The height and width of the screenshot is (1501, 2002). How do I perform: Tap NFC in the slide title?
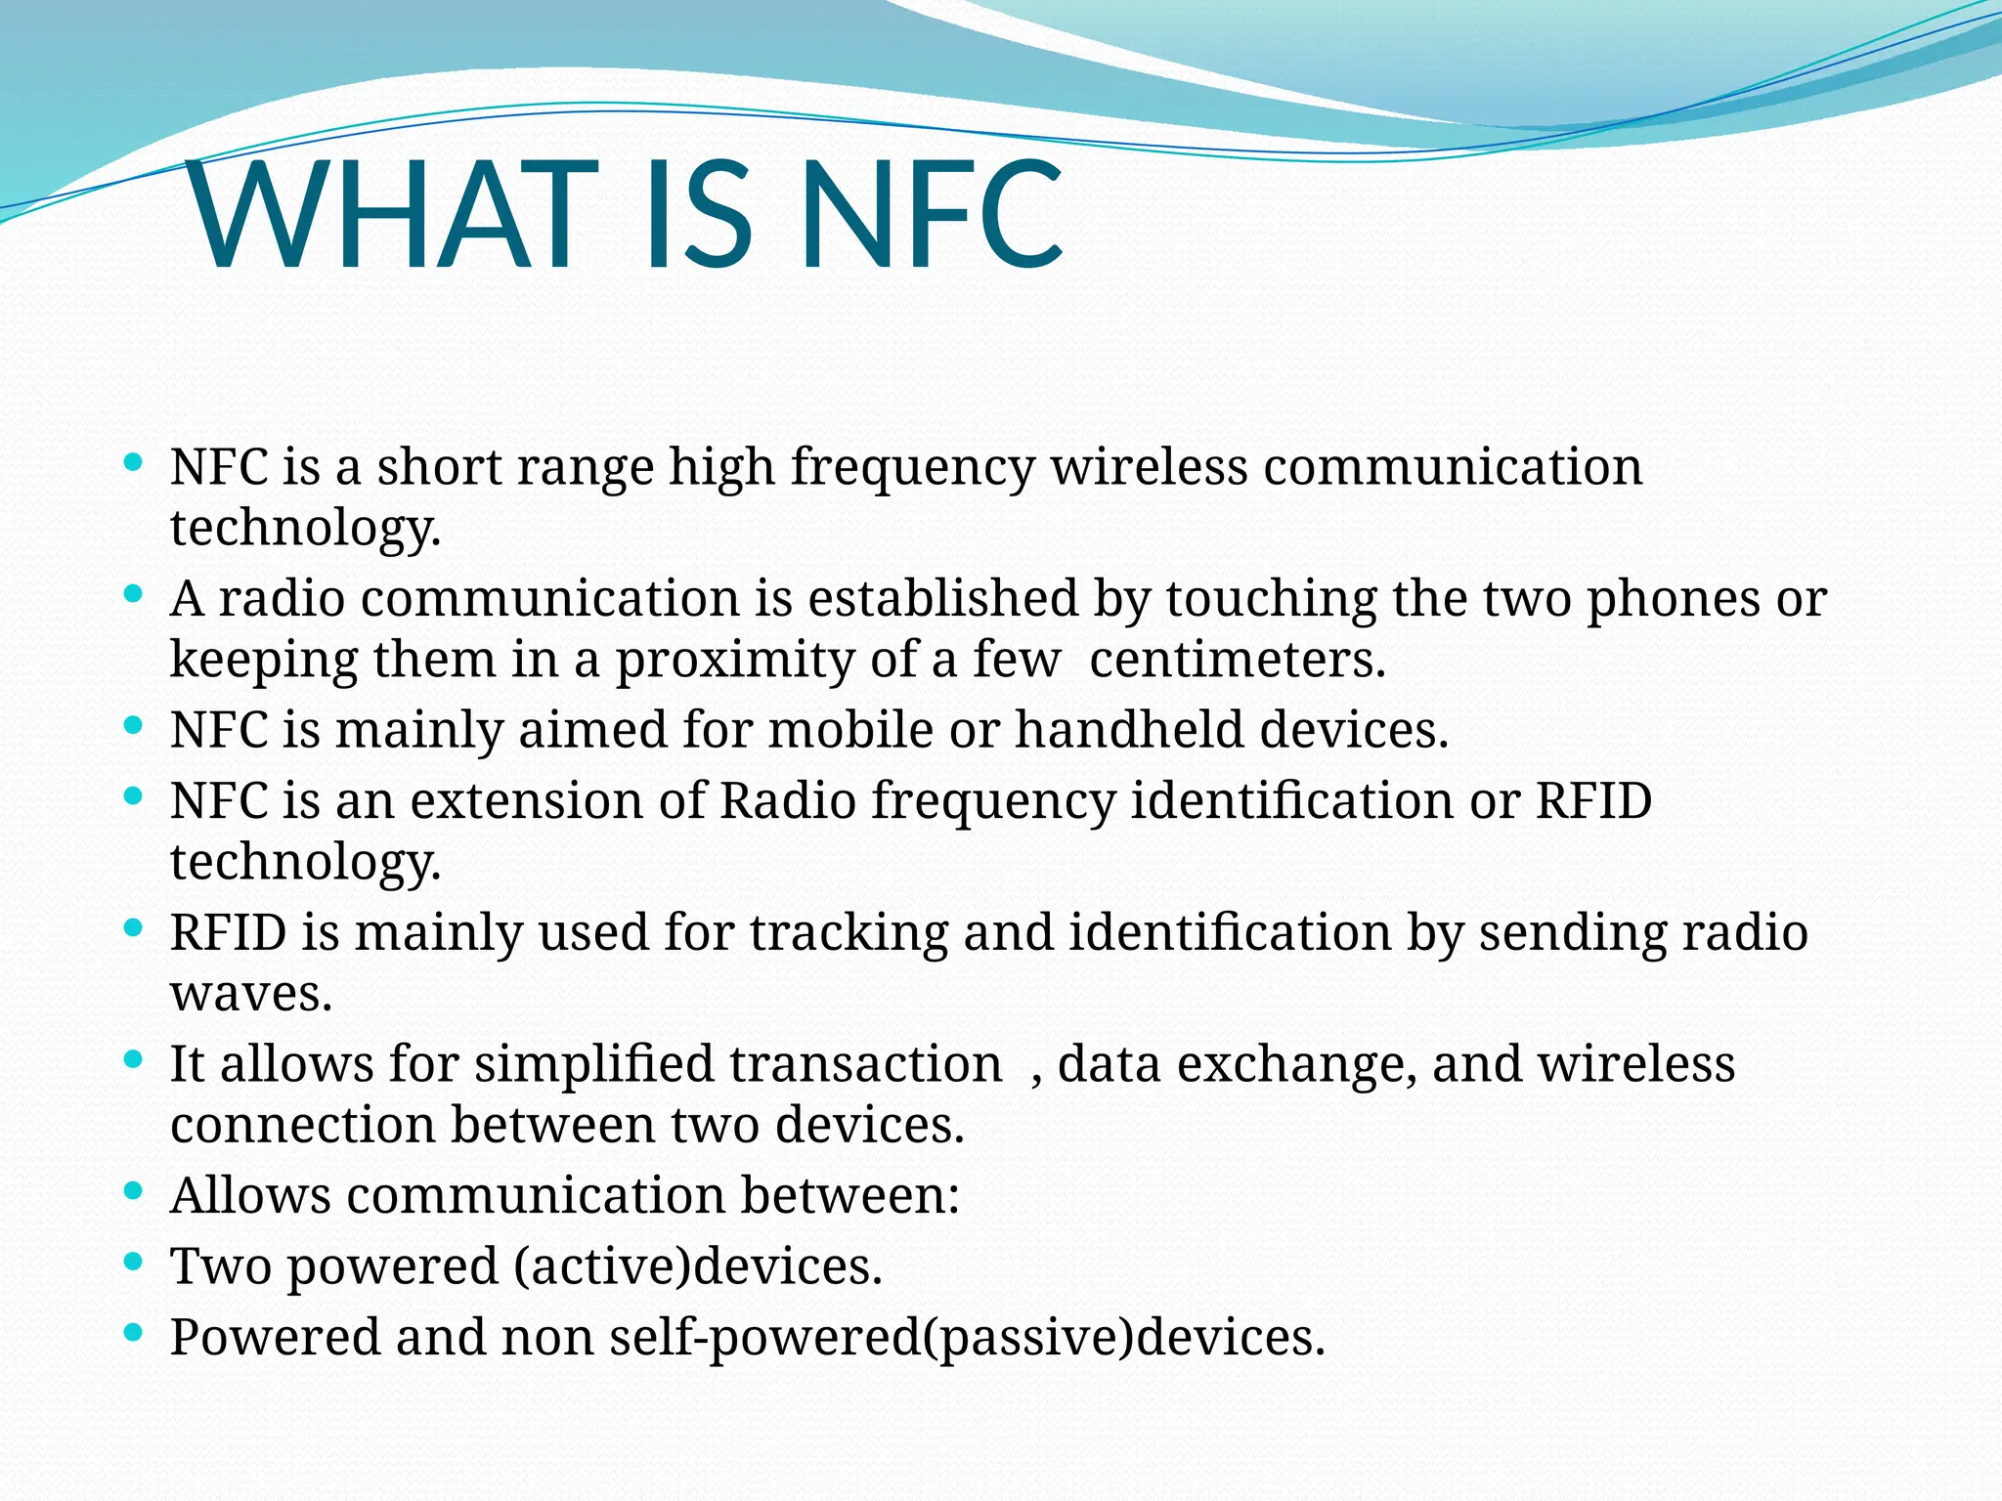931,217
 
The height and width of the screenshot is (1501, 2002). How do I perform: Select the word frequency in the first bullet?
911,467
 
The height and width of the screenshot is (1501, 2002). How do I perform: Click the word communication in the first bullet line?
1453,467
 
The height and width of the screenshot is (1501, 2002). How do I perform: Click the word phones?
1673,598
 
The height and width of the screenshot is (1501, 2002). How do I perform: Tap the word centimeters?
1237,660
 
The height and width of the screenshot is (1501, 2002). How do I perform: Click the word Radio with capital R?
788,801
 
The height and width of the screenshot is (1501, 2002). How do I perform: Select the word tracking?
849,932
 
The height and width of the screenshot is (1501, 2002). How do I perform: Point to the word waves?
251,994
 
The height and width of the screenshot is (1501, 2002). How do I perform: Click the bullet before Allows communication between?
135,1191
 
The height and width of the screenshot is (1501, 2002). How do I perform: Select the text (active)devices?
698,1266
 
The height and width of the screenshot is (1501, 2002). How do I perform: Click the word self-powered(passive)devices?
967,1338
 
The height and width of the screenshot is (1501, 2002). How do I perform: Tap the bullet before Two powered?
135,1262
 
